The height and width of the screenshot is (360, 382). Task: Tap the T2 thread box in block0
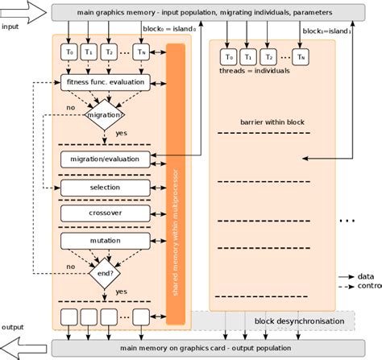[x=109, y=52]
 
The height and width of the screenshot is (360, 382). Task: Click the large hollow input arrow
[x=23, y=12]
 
